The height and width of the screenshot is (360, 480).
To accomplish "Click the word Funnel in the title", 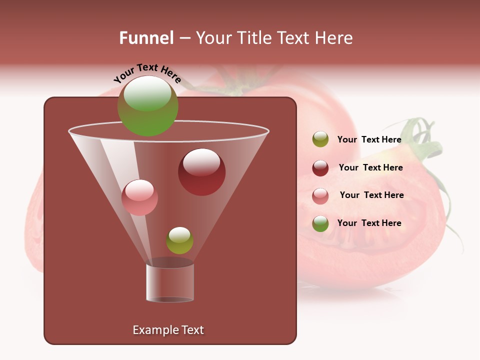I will point(146,38).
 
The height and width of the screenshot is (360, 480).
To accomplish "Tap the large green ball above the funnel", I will point(147,105).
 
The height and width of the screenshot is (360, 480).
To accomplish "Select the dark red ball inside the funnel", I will point(201,172).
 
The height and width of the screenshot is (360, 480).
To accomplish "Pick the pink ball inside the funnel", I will point(139,197).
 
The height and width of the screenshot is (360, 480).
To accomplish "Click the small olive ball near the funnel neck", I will point(179,240).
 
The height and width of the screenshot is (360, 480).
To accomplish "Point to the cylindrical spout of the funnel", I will point(170,281).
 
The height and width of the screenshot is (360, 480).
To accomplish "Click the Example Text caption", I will point(168,330).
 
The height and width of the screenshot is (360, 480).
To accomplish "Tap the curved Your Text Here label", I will point(147,73).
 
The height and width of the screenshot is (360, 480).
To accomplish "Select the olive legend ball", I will point(320,139).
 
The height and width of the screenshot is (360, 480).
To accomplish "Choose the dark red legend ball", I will point(320,168).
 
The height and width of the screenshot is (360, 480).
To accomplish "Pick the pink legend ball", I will point(320,196).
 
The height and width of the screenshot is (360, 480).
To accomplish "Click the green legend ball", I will point(320,223).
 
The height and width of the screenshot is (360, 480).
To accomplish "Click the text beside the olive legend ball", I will point(369,139).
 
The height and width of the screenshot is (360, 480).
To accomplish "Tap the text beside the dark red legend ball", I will point(370,167).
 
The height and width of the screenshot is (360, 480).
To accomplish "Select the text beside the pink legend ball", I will point(371,195).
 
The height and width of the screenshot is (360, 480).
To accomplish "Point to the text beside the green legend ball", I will point(369,223).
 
